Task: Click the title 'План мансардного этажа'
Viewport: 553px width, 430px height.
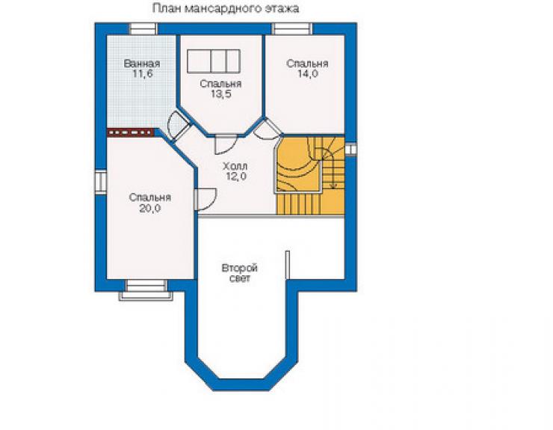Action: point(226,8)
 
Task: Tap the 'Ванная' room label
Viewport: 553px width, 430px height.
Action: point(142,64)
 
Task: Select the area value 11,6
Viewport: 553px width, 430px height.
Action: point(142,74)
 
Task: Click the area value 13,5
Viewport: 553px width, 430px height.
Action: point(221,94)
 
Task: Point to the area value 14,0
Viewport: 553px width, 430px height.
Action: point(308,74)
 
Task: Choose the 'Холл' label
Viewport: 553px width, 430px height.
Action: point(235,165)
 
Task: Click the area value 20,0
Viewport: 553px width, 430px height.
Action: point(150,209)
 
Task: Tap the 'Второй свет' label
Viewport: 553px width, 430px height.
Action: point(239,273)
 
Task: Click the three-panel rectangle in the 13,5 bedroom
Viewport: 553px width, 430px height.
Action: point(214,61)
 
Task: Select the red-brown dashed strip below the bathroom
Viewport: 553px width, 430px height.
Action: point(131,132)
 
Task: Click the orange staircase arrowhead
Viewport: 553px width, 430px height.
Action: point(333,185)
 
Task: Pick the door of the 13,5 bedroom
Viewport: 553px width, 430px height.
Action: point(226,144)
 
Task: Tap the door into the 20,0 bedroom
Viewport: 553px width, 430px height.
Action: point(206,200)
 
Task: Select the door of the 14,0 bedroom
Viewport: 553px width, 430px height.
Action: point(268,129)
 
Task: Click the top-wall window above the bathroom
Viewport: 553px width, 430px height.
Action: point(143,29)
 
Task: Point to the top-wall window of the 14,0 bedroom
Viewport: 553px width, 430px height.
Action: point(292,29)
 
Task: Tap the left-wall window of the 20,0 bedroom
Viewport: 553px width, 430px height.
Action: point(101,182)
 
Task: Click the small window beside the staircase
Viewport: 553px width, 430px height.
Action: point(350,150)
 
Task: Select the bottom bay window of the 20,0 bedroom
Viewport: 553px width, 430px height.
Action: point(146,290)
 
